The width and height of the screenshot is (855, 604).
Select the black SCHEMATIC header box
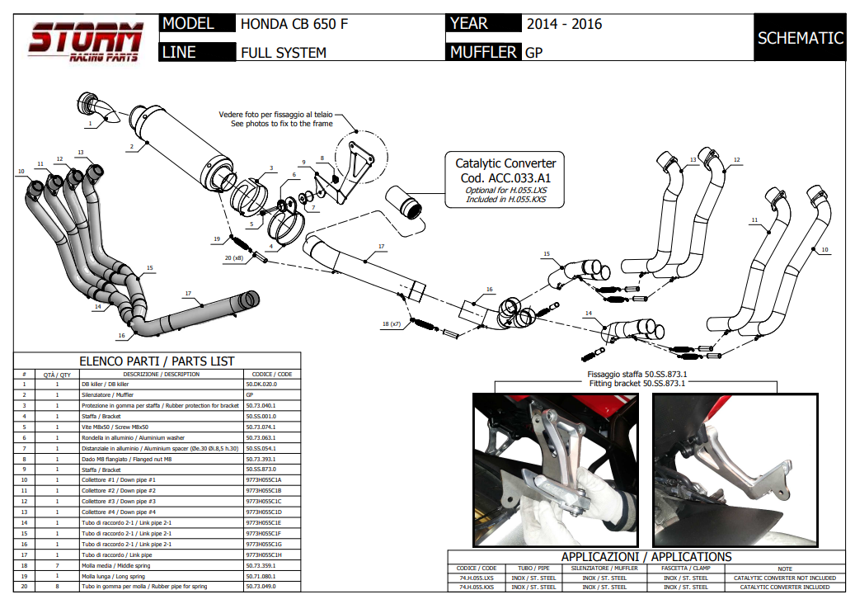(x=800, y=38)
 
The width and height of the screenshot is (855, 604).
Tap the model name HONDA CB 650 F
(x=294, y=24)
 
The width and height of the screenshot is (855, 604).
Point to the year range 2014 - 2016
(x=565, y=24)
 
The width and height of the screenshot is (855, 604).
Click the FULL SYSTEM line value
(x=284, y=53)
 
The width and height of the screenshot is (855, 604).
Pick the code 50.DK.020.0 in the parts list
(x=261, y=384)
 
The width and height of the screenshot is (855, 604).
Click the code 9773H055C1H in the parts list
(x=264, y=554)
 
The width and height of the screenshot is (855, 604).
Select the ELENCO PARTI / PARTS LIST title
(x=157, y=361)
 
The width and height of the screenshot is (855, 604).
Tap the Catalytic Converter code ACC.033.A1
(x=504, y=177)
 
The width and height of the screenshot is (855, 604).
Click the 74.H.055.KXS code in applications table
(x=477, y=587)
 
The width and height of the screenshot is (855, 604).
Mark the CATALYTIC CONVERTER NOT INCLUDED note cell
(x=784, y=578)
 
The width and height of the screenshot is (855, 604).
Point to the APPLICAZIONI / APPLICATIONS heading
(x=646, y=557)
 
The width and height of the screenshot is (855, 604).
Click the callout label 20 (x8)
(x=234, y=258)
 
